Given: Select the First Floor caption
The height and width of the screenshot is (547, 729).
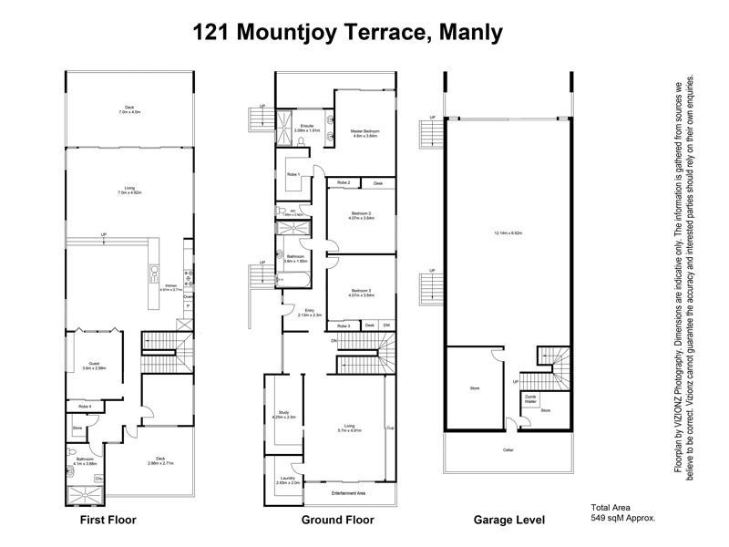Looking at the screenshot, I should pyautogui.click(x=108, y=521).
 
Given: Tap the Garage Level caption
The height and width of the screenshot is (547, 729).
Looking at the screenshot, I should pyautogui.click(x=509, y=521).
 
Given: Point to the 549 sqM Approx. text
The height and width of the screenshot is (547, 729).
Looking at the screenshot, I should pyautogui.click(x=623, y=518).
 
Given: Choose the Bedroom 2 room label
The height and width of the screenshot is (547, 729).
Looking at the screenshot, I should pyautogui.click(x=361, y=216).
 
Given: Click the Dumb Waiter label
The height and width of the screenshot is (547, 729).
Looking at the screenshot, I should pyautogui.click(x=530, y=398).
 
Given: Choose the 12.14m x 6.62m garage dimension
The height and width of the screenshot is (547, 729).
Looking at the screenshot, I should pyautogui.click(x=508, y=234).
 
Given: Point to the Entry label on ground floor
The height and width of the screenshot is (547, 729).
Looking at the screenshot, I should pyautogui.click(x=310, y=313).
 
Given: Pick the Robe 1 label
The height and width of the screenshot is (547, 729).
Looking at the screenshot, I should pyautogui.click(x=293, y=174).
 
